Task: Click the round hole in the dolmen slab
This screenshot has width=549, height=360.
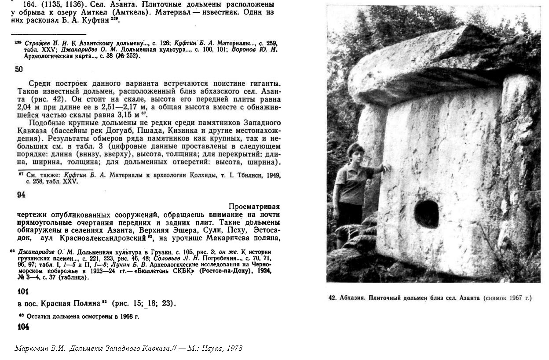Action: [426, 214]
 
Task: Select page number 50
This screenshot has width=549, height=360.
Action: [19, 69]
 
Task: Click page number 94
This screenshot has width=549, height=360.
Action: [21, 195]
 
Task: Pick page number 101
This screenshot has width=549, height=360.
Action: [23, 291]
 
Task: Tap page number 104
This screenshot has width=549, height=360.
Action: [23, 327]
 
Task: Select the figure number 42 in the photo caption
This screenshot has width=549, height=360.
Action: [332, 298]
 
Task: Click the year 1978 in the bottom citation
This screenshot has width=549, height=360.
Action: [234, 348]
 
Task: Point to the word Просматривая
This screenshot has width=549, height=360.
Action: [254, 206]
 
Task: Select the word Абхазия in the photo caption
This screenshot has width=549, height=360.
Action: [353, 298]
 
